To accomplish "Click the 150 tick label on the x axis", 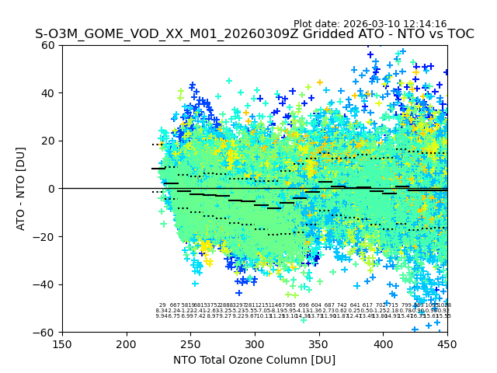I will [x=62, y=343].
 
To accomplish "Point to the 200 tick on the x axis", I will [x=127, y=343].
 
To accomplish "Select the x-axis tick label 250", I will [x=190, y=343].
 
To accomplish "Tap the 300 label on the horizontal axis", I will [x=255, y=343].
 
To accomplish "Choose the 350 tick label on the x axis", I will [x=319, y=343].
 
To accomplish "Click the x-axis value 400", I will [x=383, y=343].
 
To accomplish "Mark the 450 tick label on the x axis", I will [x=447, y=343].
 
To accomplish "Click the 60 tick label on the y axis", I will [x=49, y=45].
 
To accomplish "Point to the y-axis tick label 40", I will [x=49, y=93].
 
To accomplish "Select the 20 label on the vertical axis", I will [x=49, y=141].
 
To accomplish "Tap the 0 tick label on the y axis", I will [x=52, y=189].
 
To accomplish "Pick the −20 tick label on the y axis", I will [x=46, y=236].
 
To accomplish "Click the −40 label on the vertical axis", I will [x=46, y=284].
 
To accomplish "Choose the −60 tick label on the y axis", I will [x=46, y=332].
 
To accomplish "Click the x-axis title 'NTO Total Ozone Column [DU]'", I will [x=255, y=360].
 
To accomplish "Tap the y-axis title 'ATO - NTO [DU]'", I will [x=22, y=189].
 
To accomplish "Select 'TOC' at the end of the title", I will [x=457, y=34].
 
